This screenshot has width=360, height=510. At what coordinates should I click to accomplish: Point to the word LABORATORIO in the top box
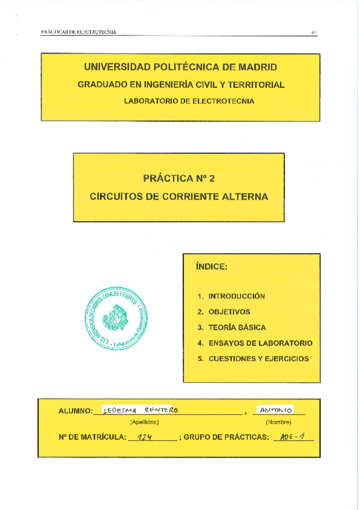(x=153, y=101)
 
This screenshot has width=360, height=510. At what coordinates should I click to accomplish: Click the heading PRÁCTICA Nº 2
(x=178, y=178)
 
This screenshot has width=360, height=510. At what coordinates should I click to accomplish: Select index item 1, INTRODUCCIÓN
(x=236, y=296)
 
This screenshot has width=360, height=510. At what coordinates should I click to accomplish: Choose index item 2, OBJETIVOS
(x=229, y=312)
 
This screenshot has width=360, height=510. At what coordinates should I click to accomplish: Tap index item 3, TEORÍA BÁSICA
(x=237, y=328)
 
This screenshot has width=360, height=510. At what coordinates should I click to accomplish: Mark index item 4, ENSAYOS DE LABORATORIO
(x=260, y=343)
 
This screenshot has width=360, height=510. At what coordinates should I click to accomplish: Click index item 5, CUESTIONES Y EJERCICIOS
(x=258, y=359)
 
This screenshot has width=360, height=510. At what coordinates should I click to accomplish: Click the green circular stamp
(x=117, y=318)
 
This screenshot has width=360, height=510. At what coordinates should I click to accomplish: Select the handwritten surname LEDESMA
(x=121, y=410)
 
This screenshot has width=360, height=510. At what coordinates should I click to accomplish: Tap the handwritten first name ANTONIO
(x=273, y=410)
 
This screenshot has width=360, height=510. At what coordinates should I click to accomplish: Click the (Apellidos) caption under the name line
(x=145, y=422)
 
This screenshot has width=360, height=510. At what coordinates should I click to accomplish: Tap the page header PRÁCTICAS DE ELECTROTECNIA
(x=79, y=32)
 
